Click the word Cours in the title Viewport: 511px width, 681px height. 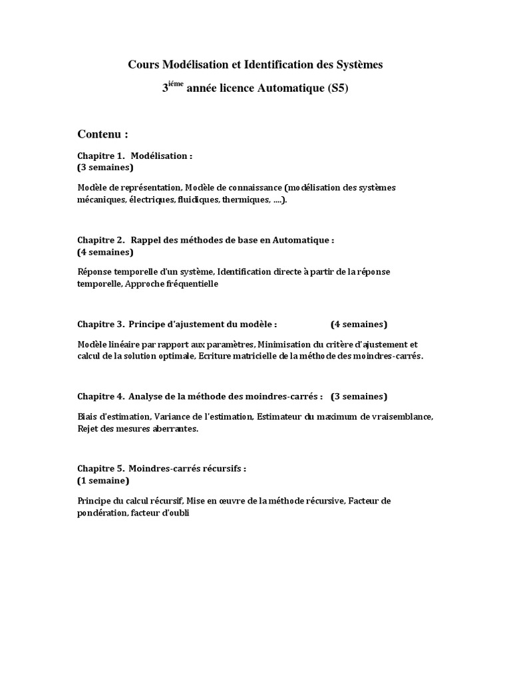click(142, 65)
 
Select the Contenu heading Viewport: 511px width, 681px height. click(102, 134)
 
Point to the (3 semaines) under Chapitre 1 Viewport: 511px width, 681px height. click(105, 167)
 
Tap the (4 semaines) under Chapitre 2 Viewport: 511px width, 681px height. click(105, 252)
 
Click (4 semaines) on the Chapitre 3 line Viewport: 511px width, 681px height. click(359, 325)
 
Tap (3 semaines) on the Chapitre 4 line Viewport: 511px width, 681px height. click(359, 396)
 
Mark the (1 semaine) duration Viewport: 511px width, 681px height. click(103, 480)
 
